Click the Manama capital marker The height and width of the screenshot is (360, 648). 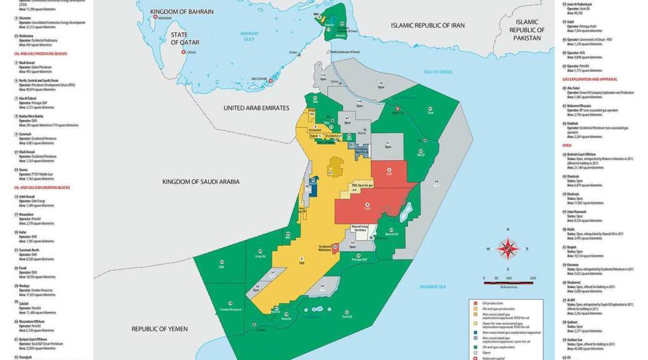(155, 17)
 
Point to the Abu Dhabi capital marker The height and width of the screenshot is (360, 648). (270, 81)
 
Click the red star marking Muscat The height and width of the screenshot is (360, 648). (397, 109)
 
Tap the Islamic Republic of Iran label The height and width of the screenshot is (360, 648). (437, 25)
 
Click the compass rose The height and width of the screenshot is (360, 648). (509, 249)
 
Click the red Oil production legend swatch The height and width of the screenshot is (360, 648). (475, 303)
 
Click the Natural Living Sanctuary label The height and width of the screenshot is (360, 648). (363, 228)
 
